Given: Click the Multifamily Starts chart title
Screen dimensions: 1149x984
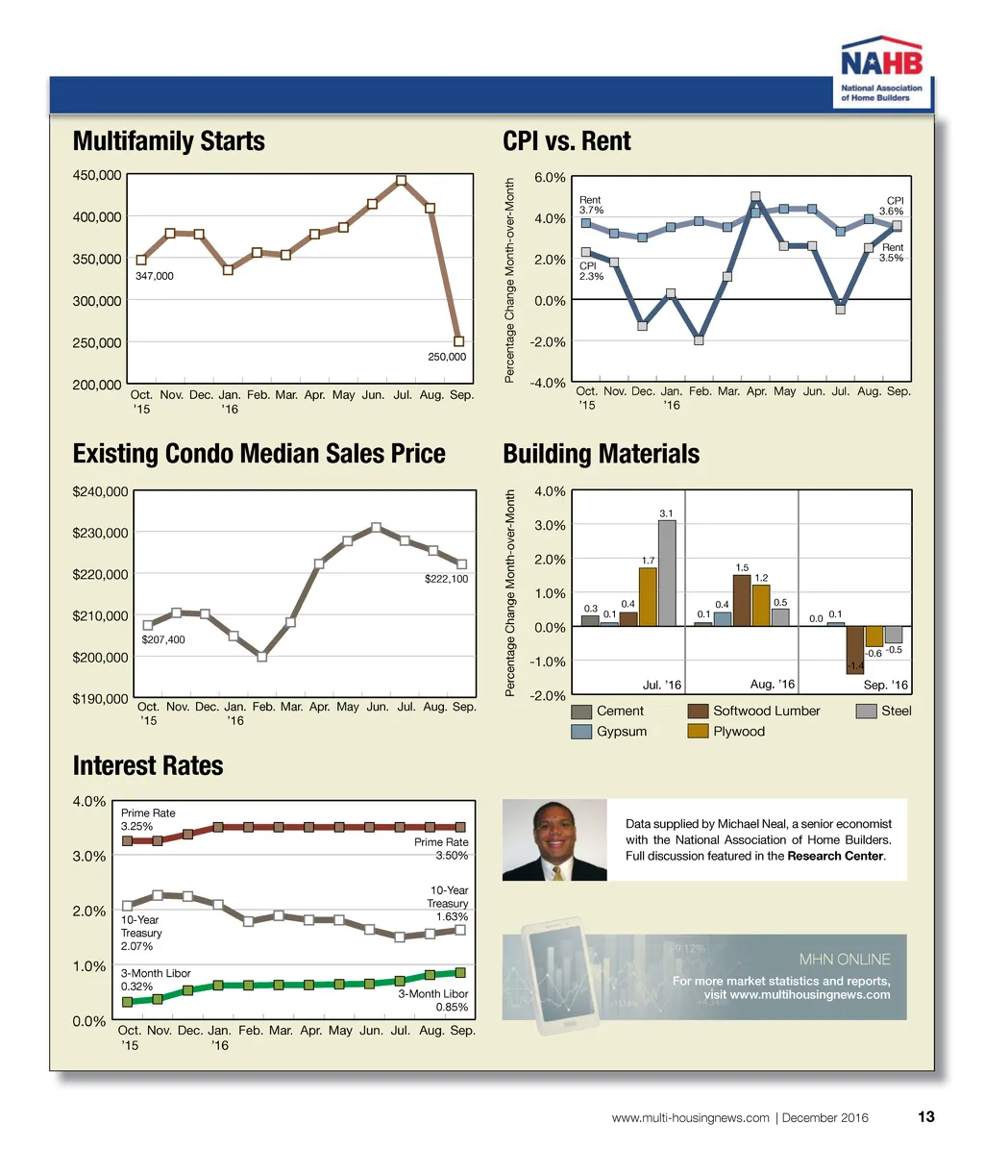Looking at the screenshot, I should pyautogui.click(x=169, y=141).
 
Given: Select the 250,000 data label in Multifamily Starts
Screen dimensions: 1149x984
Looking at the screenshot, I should pyautogui.click(x=446, y=357).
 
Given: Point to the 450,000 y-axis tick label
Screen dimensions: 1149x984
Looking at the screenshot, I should pyautogui.click(x=97, y=175).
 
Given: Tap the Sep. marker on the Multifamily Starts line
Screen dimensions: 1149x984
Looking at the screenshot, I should pyautogui.click(x=459, y=341).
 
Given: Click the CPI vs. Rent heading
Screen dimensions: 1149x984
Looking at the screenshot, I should pyautogui.click(x=567, y=141).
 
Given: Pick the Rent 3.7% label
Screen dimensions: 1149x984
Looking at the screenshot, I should pyautogui.click(x=591, y=205).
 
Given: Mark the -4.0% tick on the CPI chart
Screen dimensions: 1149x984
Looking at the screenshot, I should pyautogui.click(x=547, y=384).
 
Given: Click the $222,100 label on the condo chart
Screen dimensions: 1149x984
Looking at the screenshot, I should pyautogui.click(x=446, y=579).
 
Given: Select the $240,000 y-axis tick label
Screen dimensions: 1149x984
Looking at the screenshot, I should pyautogui.click(x=100, y=491).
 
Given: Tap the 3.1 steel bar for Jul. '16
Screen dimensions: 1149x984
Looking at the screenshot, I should pyautogui.click(x=667, y=573).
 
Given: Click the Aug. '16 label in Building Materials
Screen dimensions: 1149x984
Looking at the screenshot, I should pyautogui.click(x=772, y=684).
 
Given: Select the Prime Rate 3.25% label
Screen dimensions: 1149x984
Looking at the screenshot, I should pyautogui.click(x=148, y=819).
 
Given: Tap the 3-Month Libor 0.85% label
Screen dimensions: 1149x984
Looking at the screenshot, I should pyautogui.click(x=433, y=1000).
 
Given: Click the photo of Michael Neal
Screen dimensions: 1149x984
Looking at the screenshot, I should pyautogui.click(x=554, y=840).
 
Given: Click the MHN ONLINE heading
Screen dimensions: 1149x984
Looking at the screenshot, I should pyautogui.click(x=845, y=960).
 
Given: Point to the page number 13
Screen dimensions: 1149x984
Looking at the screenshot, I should pyautogui.click(x=926, y=1117).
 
